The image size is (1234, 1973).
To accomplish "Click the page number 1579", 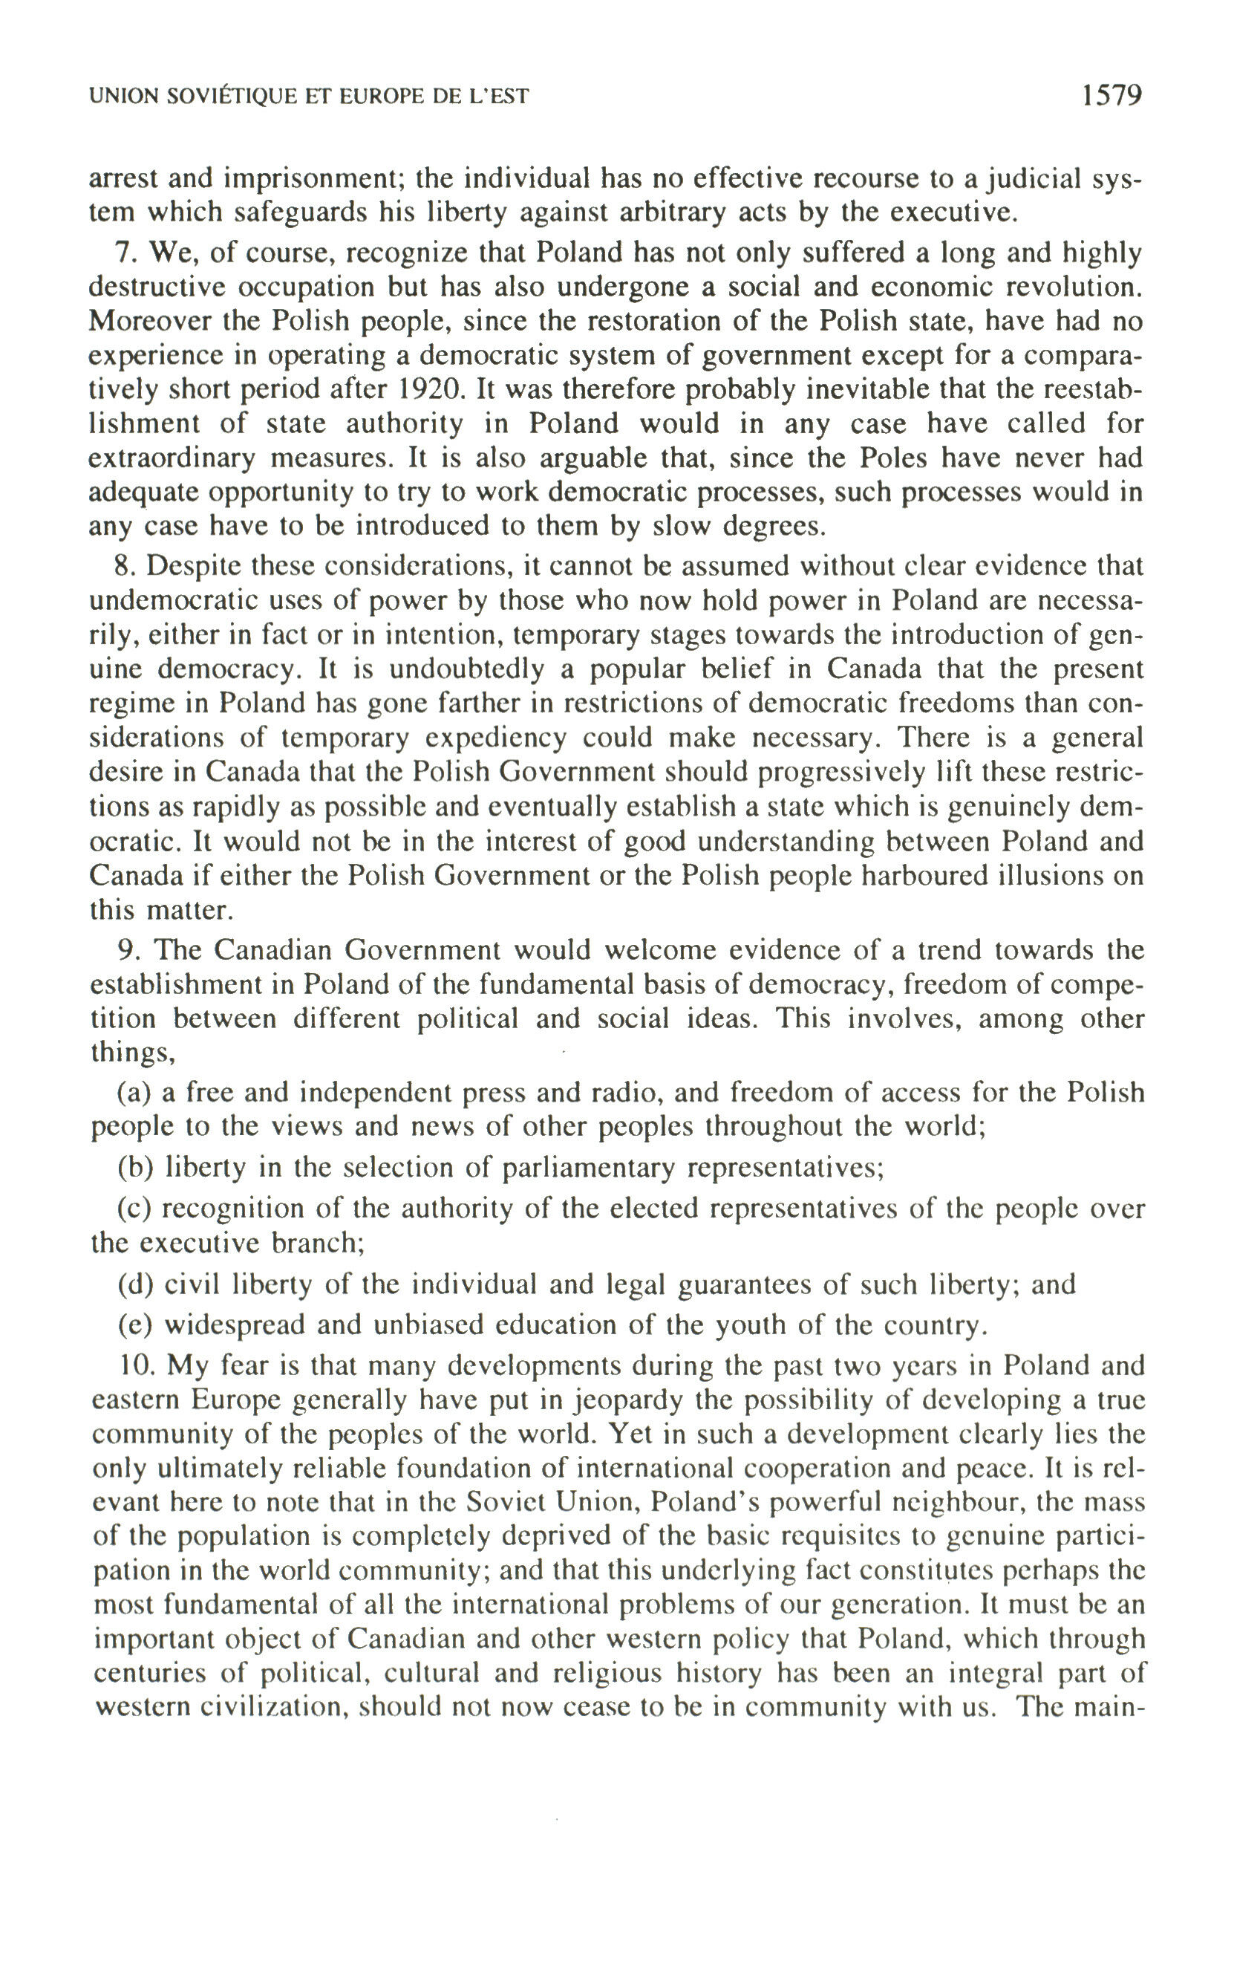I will tap(1111, 96).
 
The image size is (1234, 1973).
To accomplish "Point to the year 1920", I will tap(430, 389).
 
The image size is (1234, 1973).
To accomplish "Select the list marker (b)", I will tap(137, 1168).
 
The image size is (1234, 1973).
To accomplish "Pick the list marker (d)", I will tap(137, 1285).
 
